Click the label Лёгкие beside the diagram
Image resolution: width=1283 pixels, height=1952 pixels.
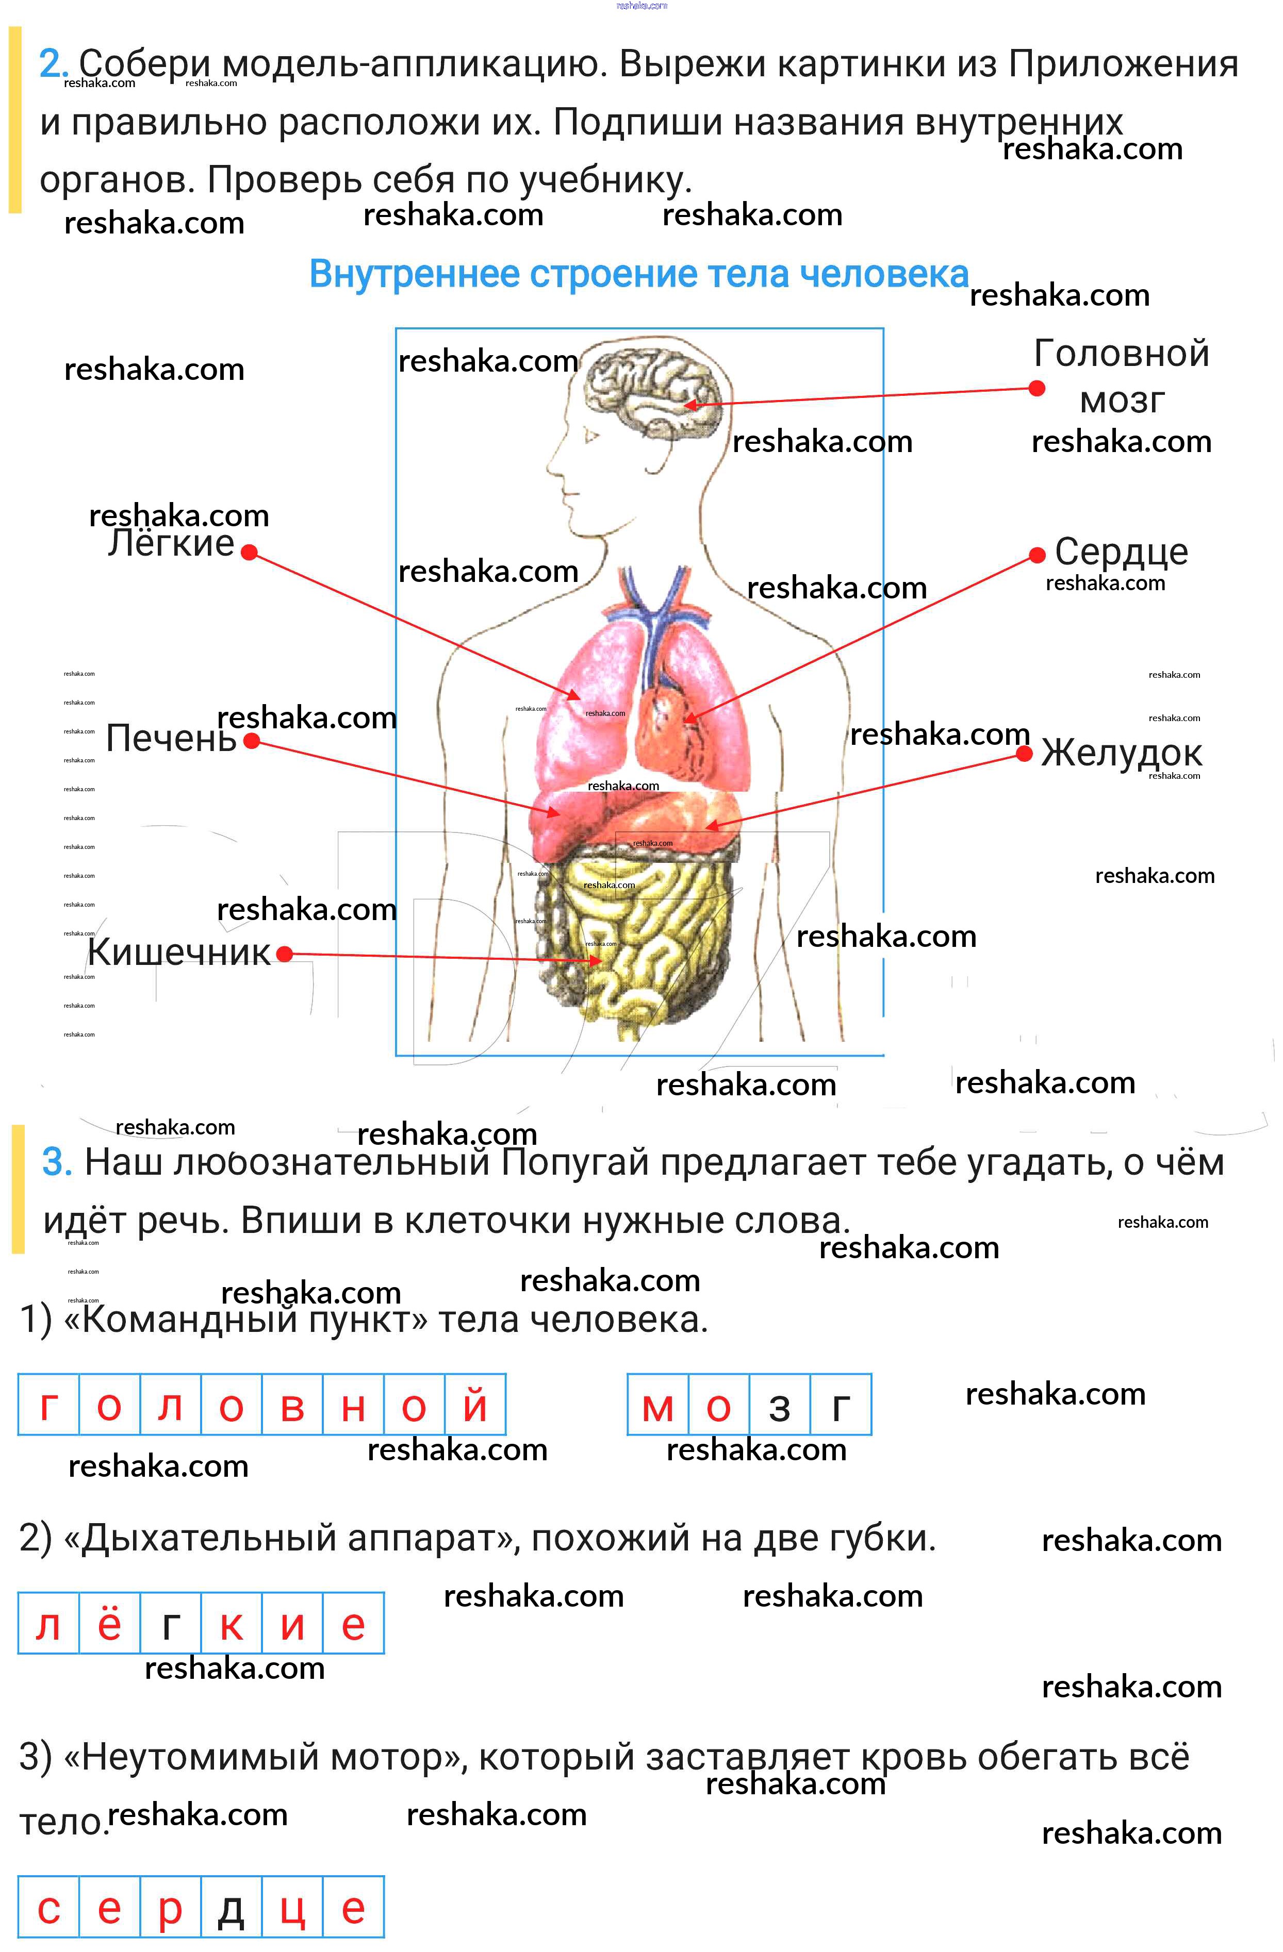pyautogui.click(x=171, y=544)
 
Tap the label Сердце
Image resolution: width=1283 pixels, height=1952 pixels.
pyautogui.click(x=1121, y=552)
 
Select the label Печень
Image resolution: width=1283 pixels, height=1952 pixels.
pyautogui.click(x=171, y=739)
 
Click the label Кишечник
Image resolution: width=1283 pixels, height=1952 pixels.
pyautogui.click(x=179, y=952)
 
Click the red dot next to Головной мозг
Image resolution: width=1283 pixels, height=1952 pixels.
pyautogui.click(x=1037, y=388)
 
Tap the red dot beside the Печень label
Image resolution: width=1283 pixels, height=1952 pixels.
pyautogui.click(x=252, y=741)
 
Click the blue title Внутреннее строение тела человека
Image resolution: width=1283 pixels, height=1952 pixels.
pyautogui.click(x=639, y=274)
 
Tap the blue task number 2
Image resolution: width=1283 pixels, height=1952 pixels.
pyautogui.click(x=52, y=64)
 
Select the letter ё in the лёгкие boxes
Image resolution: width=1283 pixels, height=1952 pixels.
pyautogui.click(x=109, y=1625)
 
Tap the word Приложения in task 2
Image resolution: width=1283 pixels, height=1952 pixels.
pyautogui.click(x=1122, y=64)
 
